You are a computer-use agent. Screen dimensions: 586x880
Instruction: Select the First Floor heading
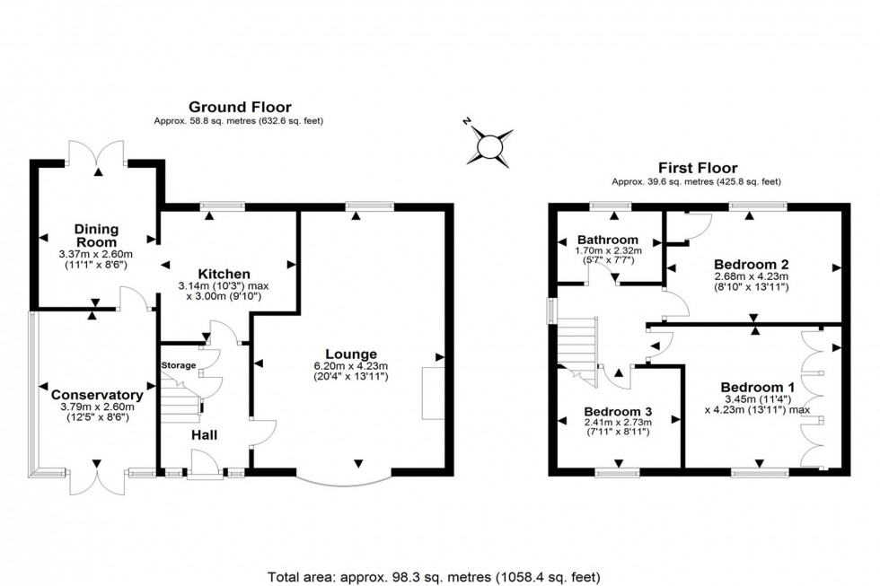pos(699,168)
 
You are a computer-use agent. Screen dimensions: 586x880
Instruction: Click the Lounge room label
pos(352,354)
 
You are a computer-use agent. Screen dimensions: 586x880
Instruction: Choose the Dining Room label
pos(96,236)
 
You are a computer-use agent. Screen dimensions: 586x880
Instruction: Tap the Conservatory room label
pos(97,395)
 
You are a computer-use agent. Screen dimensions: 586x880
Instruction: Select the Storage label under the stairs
pos(177,366)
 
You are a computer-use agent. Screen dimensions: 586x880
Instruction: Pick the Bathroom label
pos(608,240)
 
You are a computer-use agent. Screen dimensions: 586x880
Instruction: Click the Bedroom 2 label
pos(751,264)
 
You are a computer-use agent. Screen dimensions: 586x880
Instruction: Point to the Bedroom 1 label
pos(755,387)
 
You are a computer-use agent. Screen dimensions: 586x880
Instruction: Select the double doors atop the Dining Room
pos(98,151)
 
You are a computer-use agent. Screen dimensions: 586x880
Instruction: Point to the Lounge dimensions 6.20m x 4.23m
pos(351,366)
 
